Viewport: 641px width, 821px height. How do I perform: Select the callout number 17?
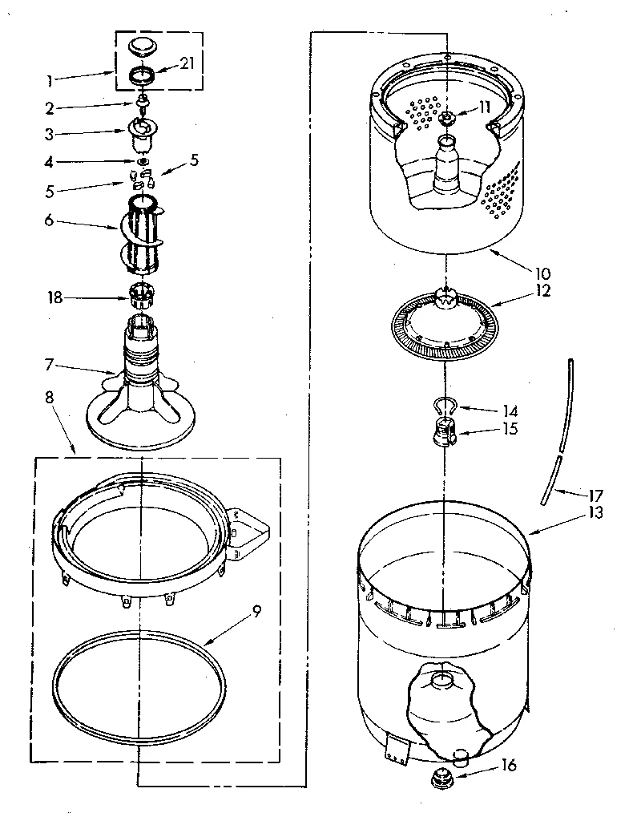(596, 495)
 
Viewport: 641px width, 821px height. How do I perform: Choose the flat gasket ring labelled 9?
(141, 689)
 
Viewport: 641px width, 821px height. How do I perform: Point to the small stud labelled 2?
(142, 103)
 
